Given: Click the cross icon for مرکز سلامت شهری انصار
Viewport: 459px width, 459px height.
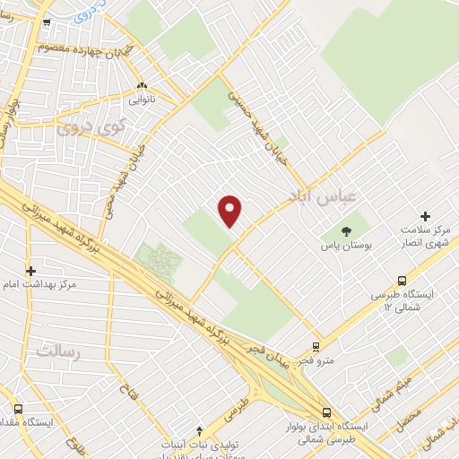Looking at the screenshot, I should (425, 216).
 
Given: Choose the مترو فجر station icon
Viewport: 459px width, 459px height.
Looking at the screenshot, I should (316, 346).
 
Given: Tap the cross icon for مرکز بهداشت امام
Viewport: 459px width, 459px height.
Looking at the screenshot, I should (30, 270).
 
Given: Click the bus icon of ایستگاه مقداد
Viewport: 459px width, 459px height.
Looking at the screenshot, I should (18, 407).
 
